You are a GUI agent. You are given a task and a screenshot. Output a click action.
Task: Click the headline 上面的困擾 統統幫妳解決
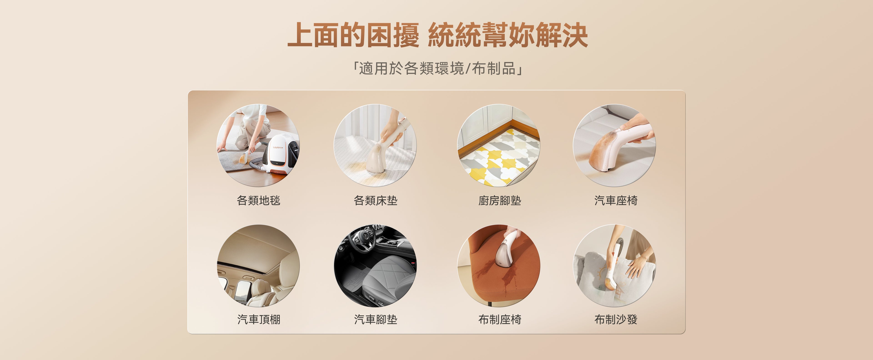click(x=437, y=35)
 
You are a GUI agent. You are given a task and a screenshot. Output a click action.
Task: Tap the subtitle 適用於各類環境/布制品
click(x=437, y=68)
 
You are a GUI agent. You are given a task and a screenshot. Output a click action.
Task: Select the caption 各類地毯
click(x=258, y=200)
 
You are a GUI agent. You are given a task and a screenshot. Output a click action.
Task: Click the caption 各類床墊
click(x=376, y=200)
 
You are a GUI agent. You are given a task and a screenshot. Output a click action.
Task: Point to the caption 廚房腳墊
click(x=499, y=200)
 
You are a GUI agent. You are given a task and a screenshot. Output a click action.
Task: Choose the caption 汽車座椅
click(x=616, y=200)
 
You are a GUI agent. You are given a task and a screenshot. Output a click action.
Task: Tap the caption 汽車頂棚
click(x=258, y=319)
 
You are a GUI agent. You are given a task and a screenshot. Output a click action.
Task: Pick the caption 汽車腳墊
click(x=376, y=319)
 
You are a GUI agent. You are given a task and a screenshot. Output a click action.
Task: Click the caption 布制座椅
click(x=499, y=319)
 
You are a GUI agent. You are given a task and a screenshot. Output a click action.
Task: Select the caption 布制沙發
click(x=616, y=319)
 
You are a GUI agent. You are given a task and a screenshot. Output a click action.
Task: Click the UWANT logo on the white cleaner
click(x=278, y=147)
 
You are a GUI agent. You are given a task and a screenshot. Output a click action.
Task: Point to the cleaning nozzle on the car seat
click(x=603, y=151)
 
